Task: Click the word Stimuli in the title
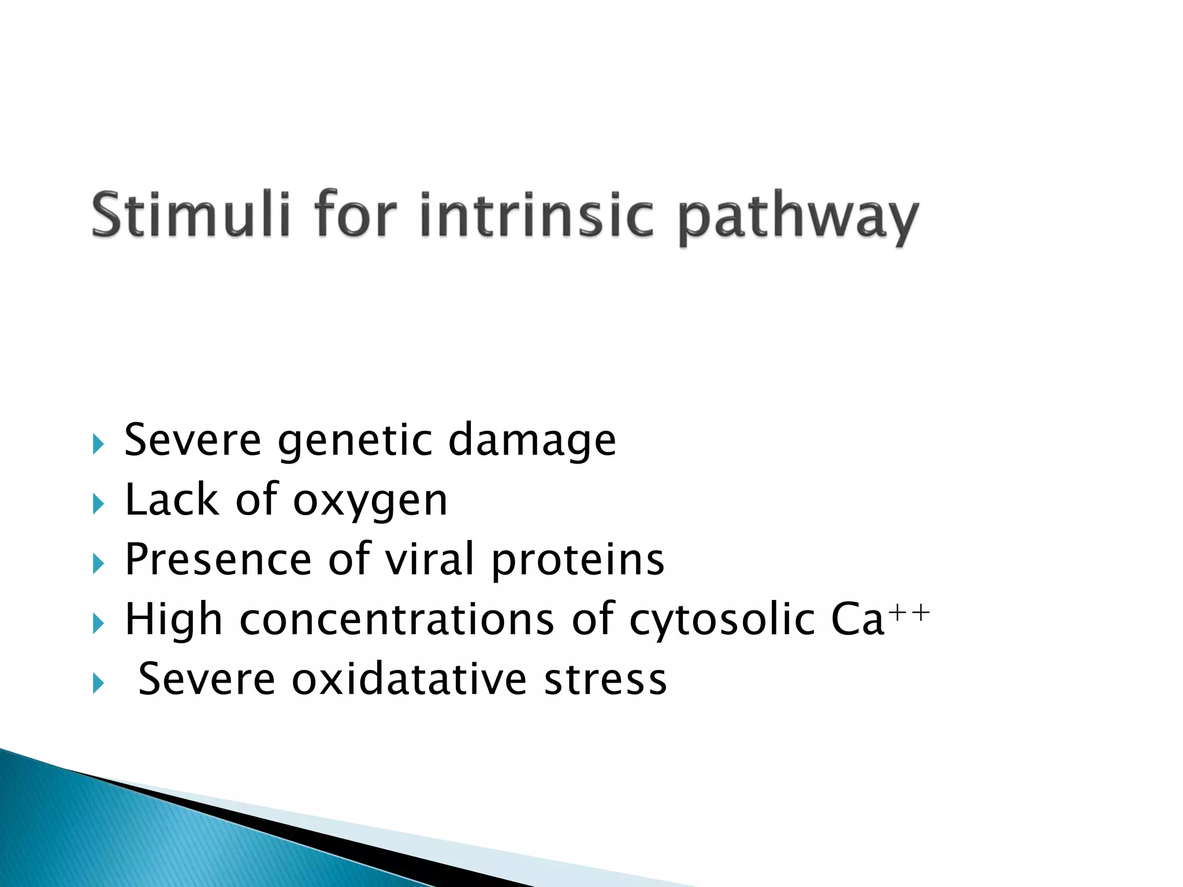pos(191,215)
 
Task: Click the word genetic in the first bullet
pos(355,441)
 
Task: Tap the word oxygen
pos(370,501)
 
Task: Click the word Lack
pos(172,500)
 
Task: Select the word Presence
pos(218,560)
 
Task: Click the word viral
pos(430,560)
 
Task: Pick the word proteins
pos(578,561)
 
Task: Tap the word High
pos(174,620)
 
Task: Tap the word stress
pos(605,680)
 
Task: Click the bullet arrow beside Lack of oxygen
pos(98,505)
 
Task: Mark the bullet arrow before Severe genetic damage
pos(98,445)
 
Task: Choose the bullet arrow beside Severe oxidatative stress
pos(98,684)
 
